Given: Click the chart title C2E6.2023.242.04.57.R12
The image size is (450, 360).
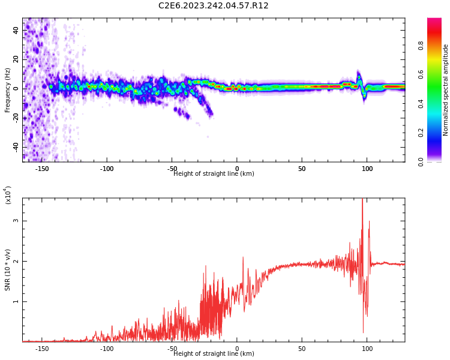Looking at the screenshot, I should click(x=213, y=6).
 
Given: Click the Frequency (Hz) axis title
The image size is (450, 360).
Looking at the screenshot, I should click(x=8, y=90).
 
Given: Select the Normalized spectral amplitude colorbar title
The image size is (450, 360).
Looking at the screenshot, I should click(x=446, y=90).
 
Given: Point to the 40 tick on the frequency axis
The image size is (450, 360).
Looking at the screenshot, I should click(x=16, y=30).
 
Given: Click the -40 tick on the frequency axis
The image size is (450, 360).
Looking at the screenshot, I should click(x=16, y=147).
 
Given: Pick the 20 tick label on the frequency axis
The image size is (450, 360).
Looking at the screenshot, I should click(x=16, y=59).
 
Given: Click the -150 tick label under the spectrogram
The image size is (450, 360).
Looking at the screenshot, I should click(x=42, y=169).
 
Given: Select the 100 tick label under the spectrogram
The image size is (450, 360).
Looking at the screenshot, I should click(x=366, y=169).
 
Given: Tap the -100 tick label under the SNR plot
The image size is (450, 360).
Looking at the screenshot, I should click(x=107, y=349).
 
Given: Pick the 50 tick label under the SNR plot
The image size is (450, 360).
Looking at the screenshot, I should click(x=301, y=349).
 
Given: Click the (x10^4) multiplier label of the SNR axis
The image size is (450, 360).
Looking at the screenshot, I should click(x=8, y=195).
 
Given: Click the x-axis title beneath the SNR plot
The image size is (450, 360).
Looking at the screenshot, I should click(x=214, y=354).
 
